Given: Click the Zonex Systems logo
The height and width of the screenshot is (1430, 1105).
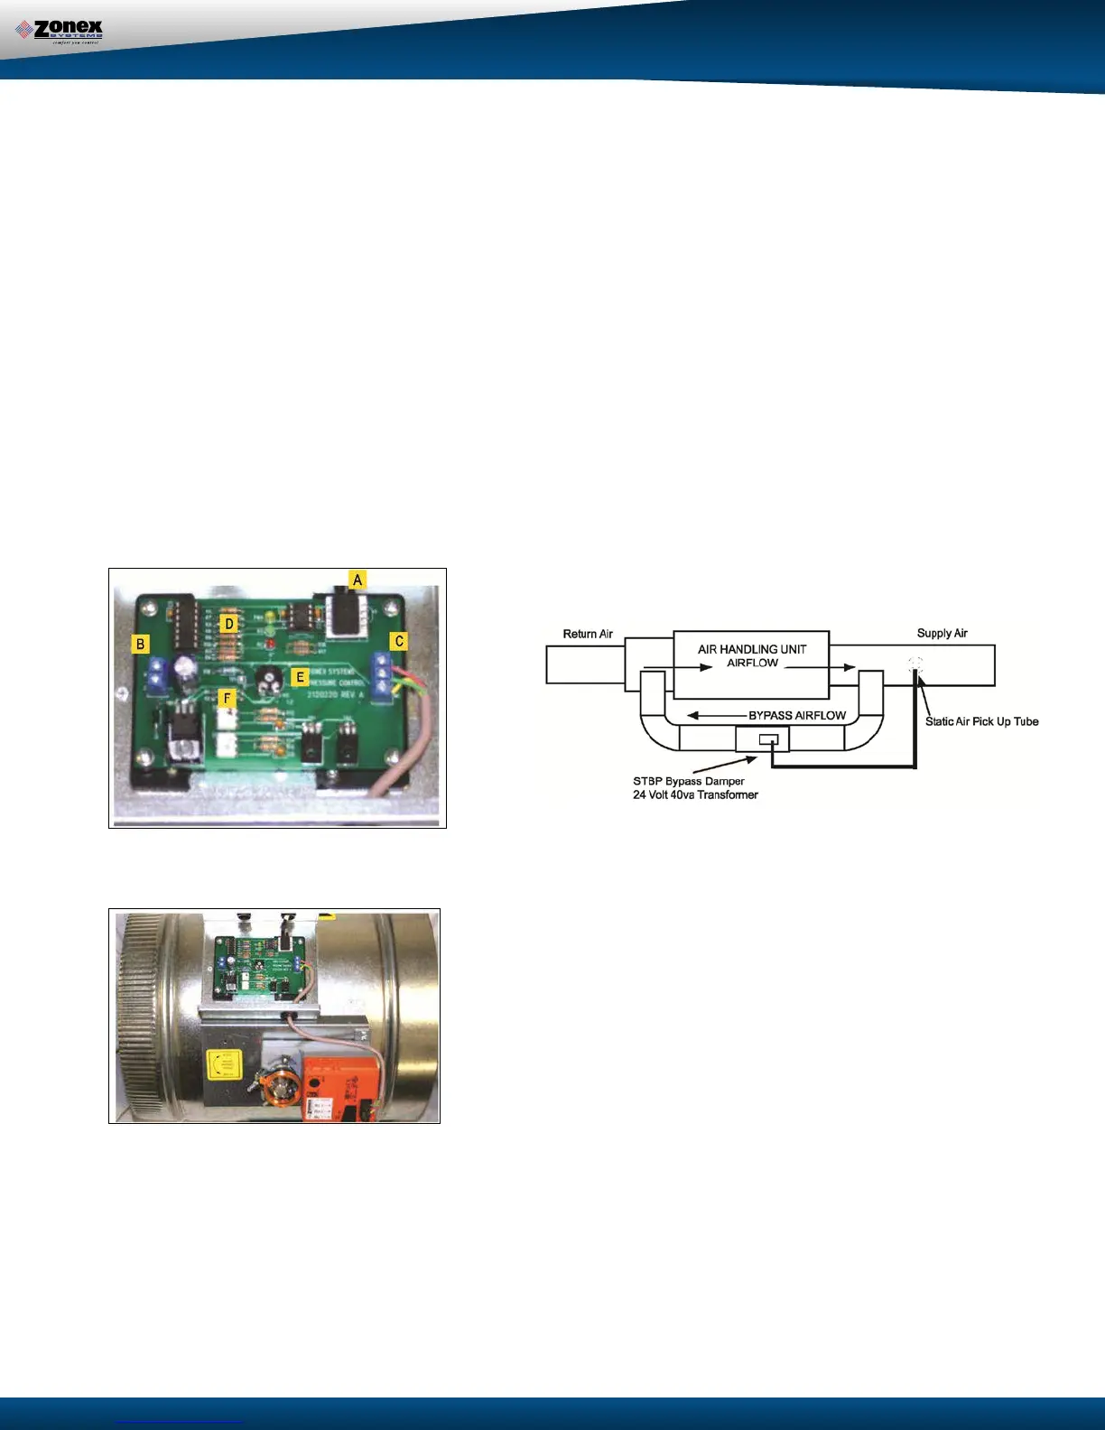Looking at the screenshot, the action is click(60, 32).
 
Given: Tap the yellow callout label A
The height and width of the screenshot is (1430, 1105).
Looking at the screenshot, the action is click(357, 580).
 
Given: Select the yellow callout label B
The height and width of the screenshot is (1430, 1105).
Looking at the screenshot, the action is click(140, 644).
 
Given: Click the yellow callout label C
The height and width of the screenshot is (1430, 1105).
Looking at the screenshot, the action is click(399, 641).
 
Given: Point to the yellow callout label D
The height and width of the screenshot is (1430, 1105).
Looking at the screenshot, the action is click(229, 623).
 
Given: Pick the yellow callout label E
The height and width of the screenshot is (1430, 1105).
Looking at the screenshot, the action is click(301, 677).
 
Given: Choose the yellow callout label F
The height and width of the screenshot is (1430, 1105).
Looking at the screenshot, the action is click(227, 698).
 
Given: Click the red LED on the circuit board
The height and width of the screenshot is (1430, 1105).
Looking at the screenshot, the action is click(269, 645).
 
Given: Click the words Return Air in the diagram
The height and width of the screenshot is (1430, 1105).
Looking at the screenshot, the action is click(588, 634).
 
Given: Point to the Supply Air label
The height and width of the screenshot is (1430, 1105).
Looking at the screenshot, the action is click(942, 633).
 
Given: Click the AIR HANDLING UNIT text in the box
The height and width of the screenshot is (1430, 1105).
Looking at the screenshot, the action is click(752, 649).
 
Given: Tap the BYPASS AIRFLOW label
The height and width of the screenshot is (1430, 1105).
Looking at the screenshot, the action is click(797, 715).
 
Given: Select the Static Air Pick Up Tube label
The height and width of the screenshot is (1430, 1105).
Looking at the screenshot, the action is click(981, 721).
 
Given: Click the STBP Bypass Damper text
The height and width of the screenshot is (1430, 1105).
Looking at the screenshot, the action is click(689, 781).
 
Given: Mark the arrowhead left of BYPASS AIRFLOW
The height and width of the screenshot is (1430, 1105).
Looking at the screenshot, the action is click(693, 715).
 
